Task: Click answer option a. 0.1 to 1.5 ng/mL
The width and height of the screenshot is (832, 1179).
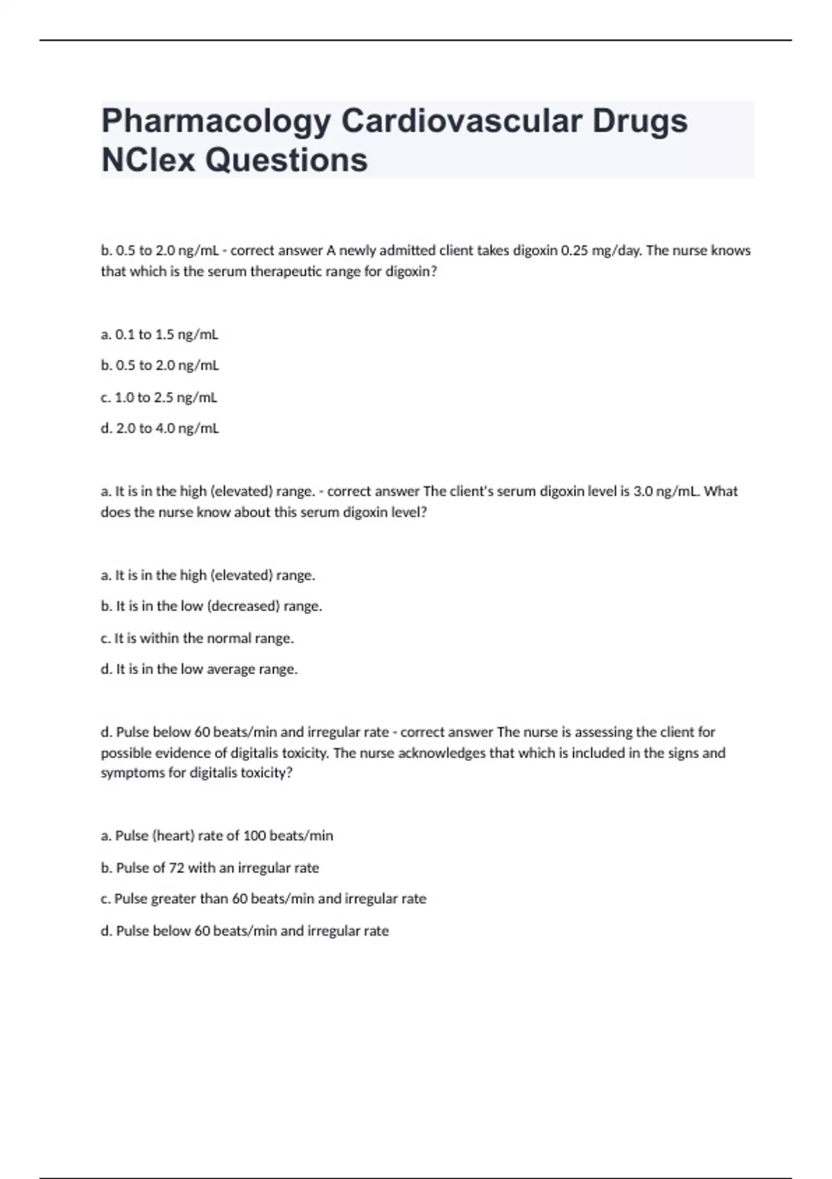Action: coord(159,334)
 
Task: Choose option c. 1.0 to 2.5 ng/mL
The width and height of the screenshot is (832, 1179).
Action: coord(159,397)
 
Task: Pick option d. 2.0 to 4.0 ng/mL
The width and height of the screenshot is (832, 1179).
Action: coord(159,429)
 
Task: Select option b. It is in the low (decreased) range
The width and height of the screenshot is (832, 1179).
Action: coord(211,606)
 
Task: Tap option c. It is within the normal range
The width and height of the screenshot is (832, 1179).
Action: coord(197,638)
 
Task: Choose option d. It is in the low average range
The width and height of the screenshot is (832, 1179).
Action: coord(199,669)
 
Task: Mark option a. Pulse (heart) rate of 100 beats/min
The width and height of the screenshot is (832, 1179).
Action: coord(217,836)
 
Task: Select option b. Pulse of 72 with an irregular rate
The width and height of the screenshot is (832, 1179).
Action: coord(210,868)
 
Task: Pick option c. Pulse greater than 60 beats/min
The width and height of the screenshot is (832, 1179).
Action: coord(263,899)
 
